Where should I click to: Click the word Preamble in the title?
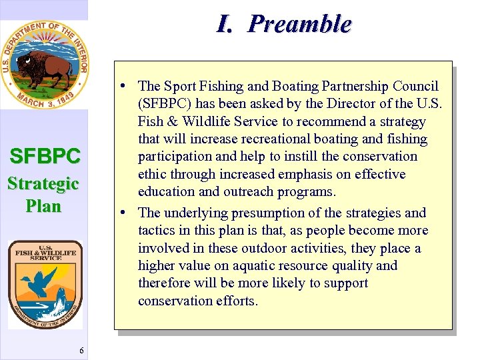pyautogui.click(x=299, y=24)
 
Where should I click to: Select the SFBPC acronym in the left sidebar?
pyautogui.click(x=45, y=157)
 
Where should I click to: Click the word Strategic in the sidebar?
pyautogui.click(x=43, y=183)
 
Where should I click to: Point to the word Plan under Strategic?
pyautogui.click(x=43, y=206)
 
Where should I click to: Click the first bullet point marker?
pyautogui.click(x=125, y=87)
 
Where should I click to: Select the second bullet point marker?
pyautogui.click(x=125, y=213)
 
